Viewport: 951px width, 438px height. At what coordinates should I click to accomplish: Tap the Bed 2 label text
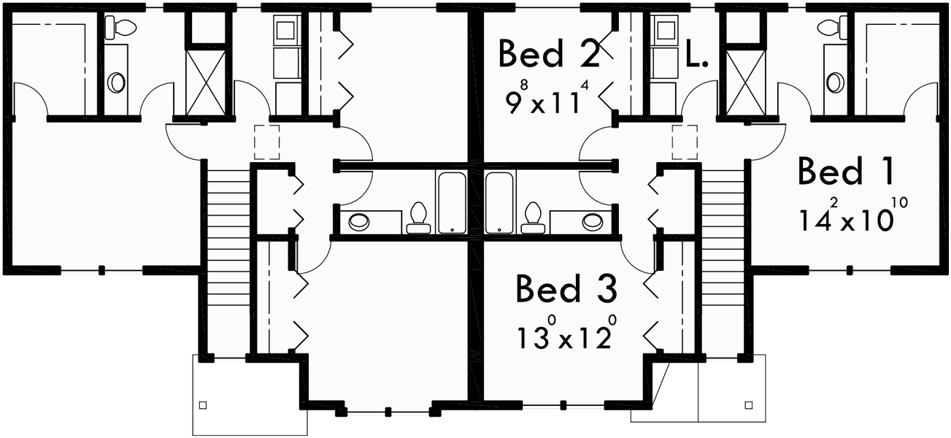pos(549,54)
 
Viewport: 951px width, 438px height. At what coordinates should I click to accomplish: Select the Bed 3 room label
pos(566,288)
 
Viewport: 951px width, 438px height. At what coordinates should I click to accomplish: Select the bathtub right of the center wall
pos(500,203)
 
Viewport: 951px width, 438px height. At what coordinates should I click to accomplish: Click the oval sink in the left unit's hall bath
pos(360,220)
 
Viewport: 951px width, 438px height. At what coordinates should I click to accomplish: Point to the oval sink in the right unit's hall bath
pos(592,220)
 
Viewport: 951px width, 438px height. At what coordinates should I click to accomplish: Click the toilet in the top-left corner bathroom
pos(120,28)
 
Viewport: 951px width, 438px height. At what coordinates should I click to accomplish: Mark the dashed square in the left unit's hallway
pos(267,142)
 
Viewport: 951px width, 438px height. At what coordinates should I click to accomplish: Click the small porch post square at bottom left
pos(203,404)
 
